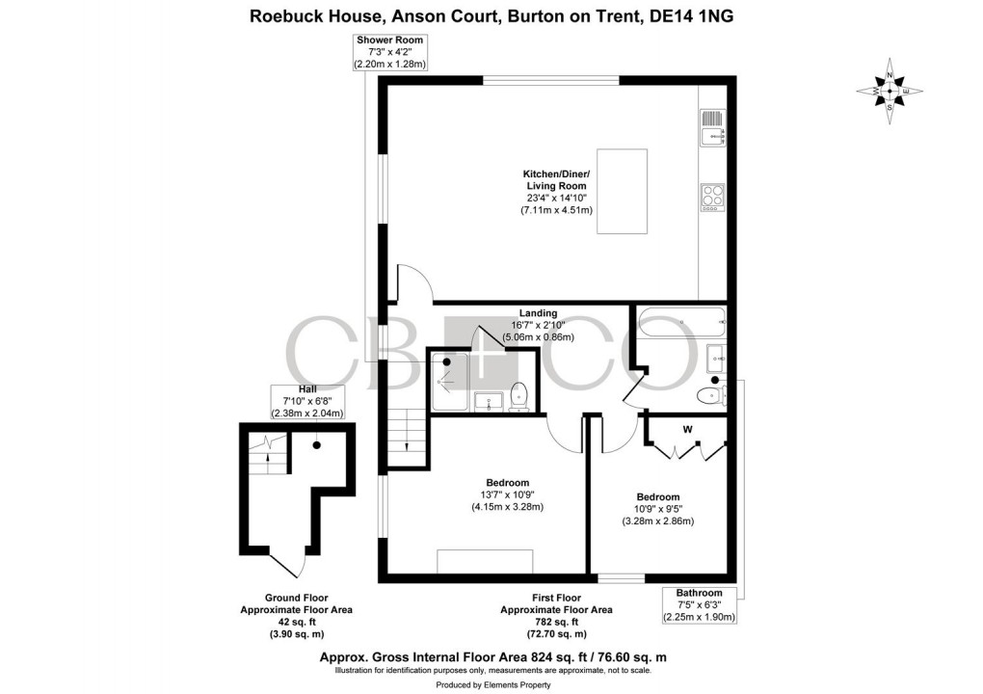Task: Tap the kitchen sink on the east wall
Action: [x=712, y=126]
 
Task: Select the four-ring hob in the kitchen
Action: [x=712, y=197]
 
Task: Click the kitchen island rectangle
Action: [x=634, y=191]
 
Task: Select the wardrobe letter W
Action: [x=688, y=429]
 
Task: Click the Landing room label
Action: [x=538, y=313]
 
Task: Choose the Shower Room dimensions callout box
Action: [x=390, y=52]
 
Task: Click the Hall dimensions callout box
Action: [x=306, y=401]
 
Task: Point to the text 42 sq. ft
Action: [x=296, y=622]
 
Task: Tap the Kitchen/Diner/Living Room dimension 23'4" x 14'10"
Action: [x=556, y=198]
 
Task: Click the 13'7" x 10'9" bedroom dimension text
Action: [x=508, y=494]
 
